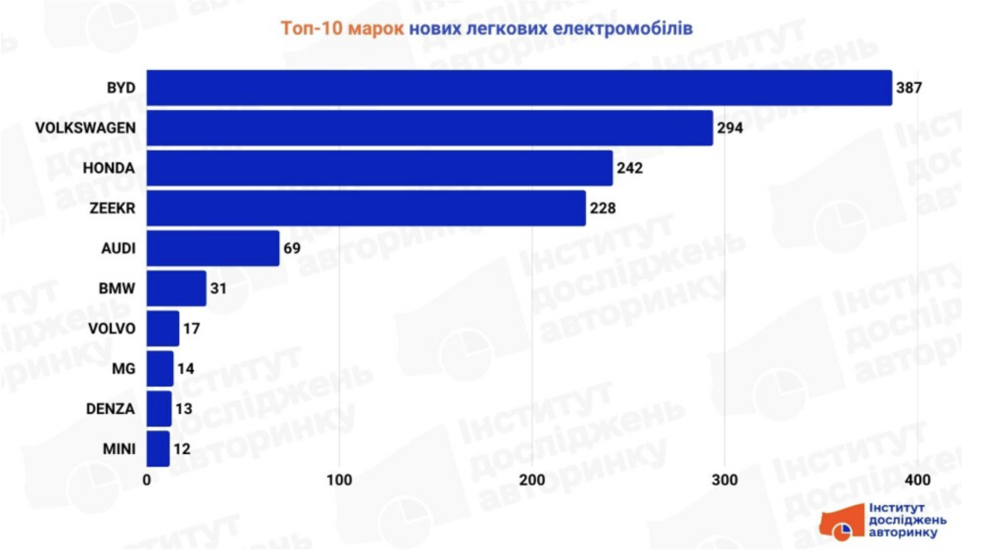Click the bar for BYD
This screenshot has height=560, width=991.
click(x=519, y=87)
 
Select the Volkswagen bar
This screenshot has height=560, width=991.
click(x=429, y=128)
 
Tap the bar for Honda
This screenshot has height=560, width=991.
click(x=380, y=168)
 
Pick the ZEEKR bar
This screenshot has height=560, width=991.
click(x=366, y=208)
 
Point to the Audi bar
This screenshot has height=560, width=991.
click(x=213, y=248)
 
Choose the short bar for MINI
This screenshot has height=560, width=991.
click(x=158, y=449)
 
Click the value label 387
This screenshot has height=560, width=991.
click(x=910, y=88)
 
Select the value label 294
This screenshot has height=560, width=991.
click(x=730, y=129)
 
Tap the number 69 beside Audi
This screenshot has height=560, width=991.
click(x=292, y=249)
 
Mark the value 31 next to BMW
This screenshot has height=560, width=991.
click(x=219, y=289)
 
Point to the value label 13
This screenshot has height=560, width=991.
click(x=185, y=409)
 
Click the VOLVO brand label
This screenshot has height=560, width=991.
click(x=112, y=329)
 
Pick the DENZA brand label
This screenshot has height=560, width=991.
click(x=111, y=409)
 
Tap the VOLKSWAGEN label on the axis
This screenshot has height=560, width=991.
click(x=86, y=128)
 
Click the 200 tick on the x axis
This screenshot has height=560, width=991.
click(x=532, y=480)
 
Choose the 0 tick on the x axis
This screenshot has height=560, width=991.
click(x=147, y=480)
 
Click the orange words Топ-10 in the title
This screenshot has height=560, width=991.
click(x=311, y=28)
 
